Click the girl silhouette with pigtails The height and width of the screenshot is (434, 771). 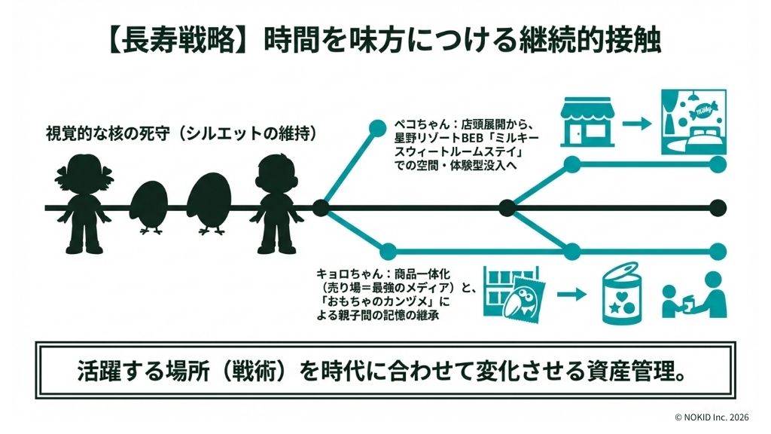pyautogui.click(x=84, y=203)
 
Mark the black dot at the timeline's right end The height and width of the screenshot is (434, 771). pyautogui.click(x=718, y=206)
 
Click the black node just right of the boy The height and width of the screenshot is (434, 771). pyautogui.click(x=319, y=206)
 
